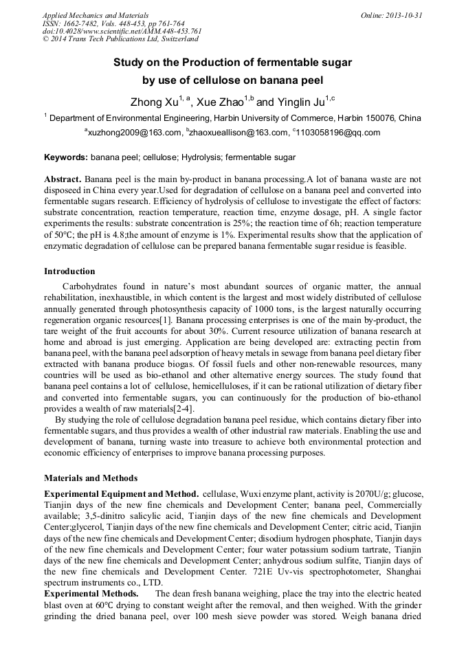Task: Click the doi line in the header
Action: pyautogui.click(x=122, y=32)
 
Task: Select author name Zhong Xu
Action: pyautogui.click(x=155, y=102)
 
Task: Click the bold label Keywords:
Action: pyautogui.click(x=66, y=157)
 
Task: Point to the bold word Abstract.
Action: pyautogui.click(x=63, y=179)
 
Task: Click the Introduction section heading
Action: pyautogui.click(x=69, y=271)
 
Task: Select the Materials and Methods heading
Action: pyautogui.click(x=91, y=478)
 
